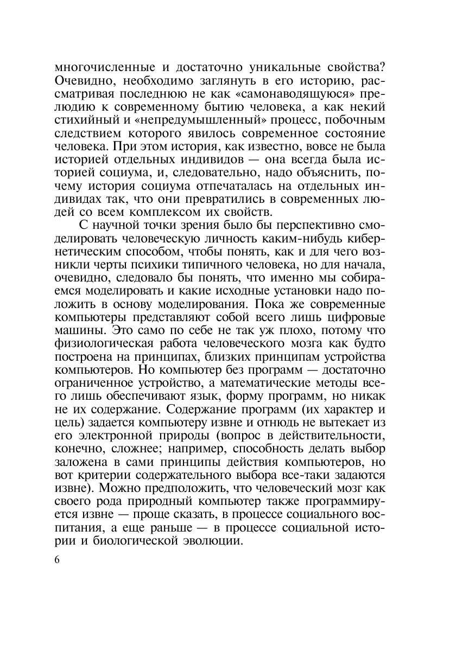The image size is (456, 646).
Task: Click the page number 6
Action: [x=58, y=560]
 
